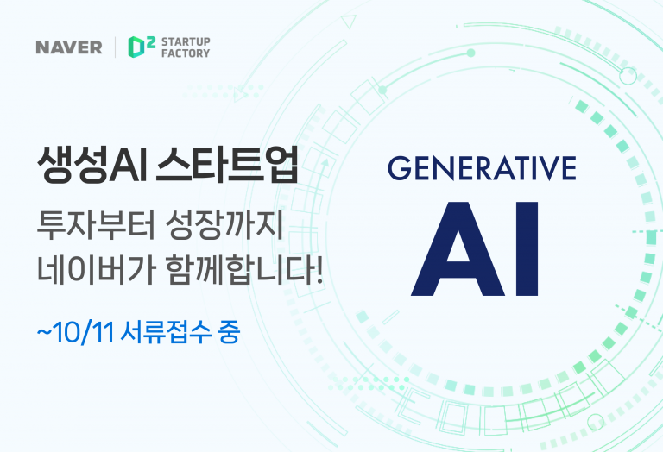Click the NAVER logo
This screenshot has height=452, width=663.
click(69, 47)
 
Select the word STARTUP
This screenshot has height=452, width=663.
click(186, 41)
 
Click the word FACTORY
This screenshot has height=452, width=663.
click(186, 53)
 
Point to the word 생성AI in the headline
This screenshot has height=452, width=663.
click(92, 165)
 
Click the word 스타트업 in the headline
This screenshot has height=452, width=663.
click(228, 165)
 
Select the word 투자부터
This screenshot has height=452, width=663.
click(96, 225)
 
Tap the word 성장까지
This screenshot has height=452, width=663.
click(224, 225)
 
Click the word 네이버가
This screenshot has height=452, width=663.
click(97, 268)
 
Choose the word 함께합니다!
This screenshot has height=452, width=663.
click(244, 268)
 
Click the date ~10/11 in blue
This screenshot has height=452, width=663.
click(76, 332)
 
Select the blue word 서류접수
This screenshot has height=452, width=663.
click(166, 332)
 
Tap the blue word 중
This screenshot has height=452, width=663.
click(229, 332)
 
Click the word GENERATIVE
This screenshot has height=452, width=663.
click(482, 168)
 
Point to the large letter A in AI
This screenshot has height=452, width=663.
click(458, 249)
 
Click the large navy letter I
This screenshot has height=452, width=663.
click(527, 249)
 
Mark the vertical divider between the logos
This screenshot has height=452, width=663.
click(116, 47)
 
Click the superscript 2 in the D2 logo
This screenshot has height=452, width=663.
click(150, 41)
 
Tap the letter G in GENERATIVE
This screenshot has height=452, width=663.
click(400, 168)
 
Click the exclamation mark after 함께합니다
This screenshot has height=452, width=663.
click(319, 268)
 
